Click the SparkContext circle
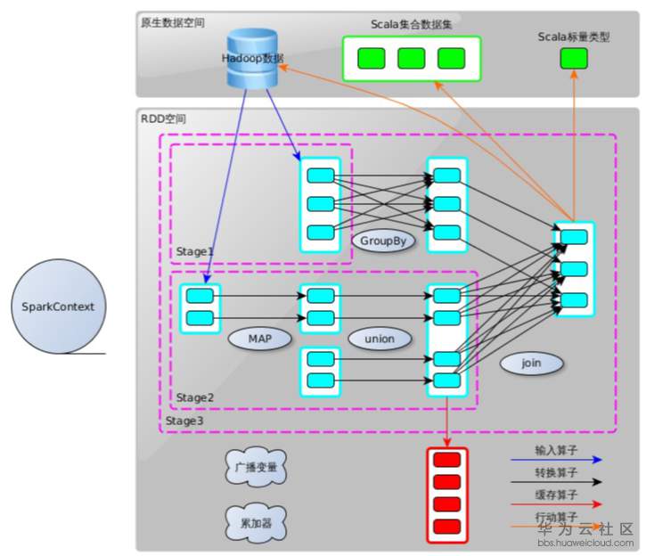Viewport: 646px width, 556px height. [57, 308]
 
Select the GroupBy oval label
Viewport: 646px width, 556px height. [383, 241]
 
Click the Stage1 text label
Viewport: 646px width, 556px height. [194, 252]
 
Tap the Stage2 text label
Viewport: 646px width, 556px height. [194, 397]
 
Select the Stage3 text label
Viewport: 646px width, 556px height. [184, 418]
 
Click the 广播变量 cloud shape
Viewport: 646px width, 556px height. [255, 468]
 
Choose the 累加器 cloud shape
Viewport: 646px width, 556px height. [256, 520]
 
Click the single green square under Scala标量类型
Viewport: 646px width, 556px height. [573, 60]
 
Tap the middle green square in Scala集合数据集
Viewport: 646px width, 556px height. [411, 59]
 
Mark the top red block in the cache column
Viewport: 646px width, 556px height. [446, 461]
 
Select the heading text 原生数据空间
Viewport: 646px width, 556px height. [172, 22]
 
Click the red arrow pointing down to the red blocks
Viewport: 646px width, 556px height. [446, 419]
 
